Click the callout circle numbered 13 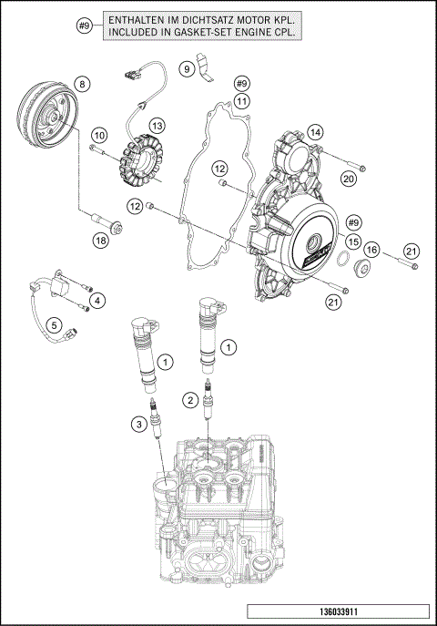(x=158, y=125)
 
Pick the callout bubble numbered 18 (x=101, y=240)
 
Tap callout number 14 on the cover (x=315, y=132)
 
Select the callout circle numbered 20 (x=348, y=179)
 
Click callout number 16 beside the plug (x=372, y=250)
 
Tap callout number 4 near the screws (x=97, y=300)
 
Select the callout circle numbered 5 (x=55, y=324)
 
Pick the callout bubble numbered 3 (x=137, y=423)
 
